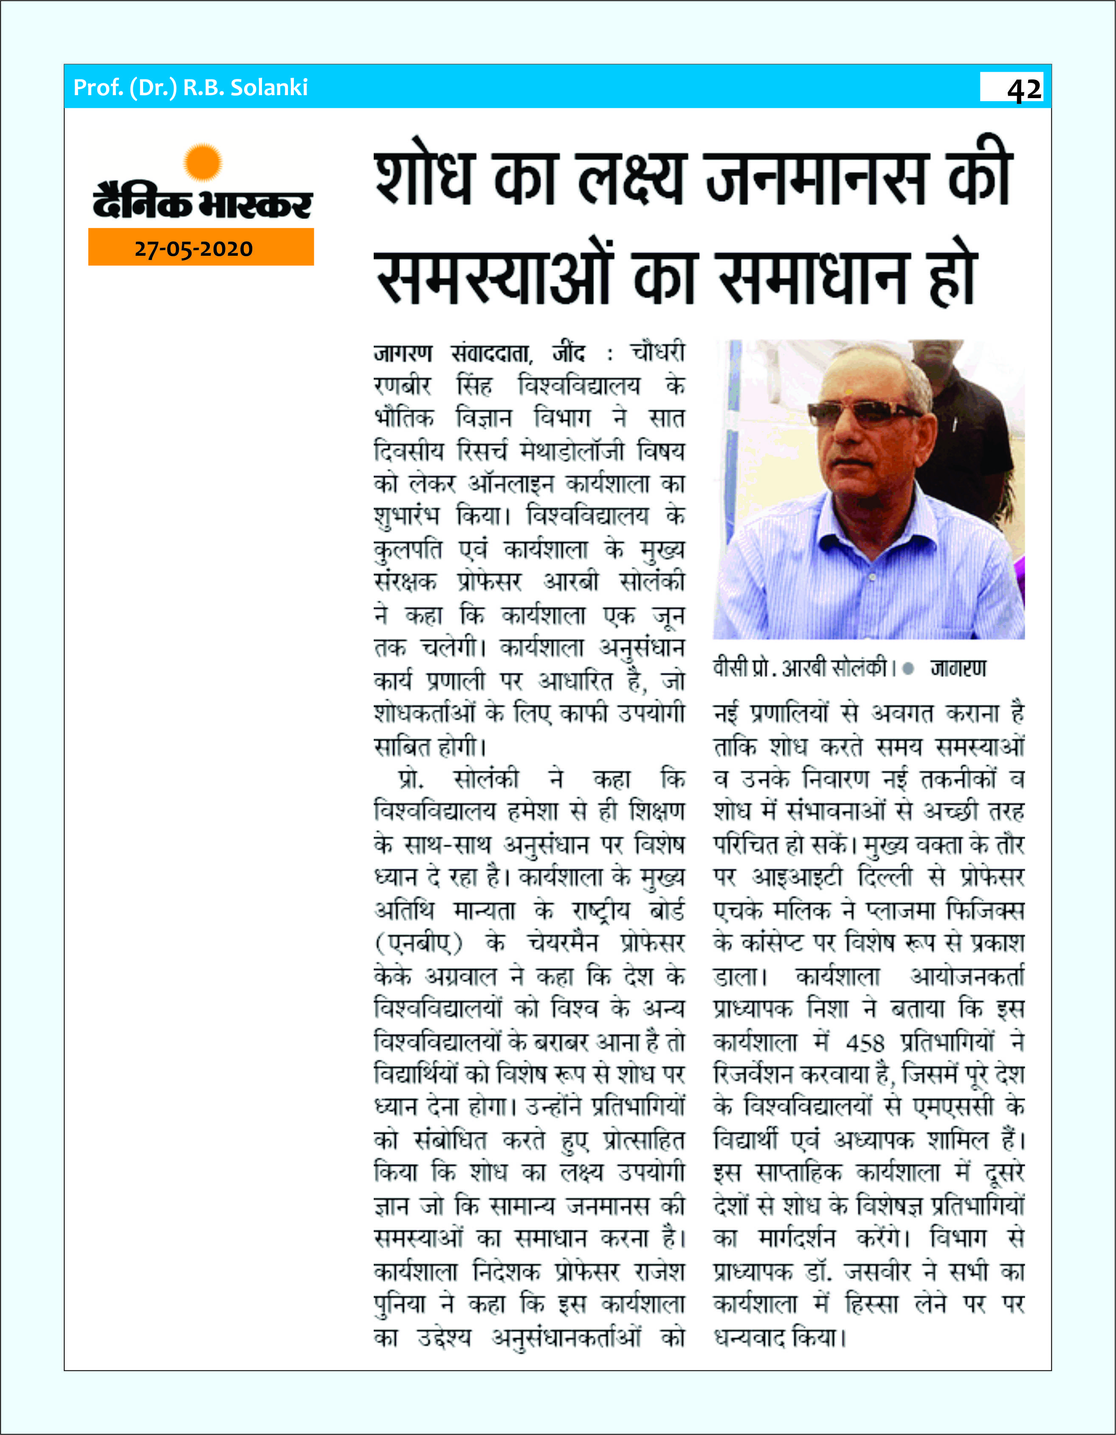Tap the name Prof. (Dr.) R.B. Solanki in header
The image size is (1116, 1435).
191,88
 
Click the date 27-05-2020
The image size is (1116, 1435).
194,249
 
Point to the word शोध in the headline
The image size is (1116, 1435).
424,178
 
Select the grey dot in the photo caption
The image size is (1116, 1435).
908,669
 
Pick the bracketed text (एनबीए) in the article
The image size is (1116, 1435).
418,943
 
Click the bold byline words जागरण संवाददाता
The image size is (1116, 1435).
453,353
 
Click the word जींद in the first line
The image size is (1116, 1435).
568,353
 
